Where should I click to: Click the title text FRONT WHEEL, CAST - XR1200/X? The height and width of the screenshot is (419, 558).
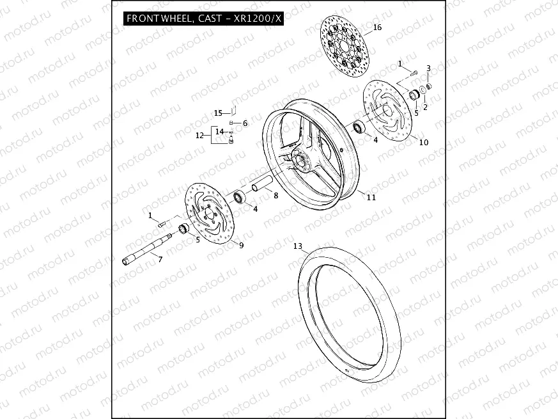point(203,19)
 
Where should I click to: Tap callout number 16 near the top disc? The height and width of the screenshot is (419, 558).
point(377,28)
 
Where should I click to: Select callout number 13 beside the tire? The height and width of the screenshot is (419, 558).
point(297,246)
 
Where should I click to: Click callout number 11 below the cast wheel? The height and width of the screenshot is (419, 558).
point(371,198)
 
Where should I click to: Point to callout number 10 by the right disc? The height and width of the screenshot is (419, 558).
point(423,143)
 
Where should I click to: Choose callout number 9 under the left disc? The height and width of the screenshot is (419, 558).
point(240,244)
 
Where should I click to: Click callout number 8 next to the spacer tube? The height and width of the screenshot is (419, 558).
point(275,196)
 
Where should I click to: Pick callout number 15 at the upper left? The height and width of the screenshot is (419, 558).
point(217,113)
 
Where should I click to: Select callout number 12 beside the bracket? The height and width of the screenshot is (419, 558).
point(199,135)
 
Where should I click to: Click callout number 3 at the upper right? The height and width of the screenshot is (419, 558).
point(428,68)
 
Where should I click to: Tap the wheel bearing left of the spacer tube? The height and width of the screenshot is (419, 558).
point(241,196)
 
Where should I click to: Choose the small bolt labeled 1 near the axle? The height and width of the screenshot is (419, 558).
point(162,223)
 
